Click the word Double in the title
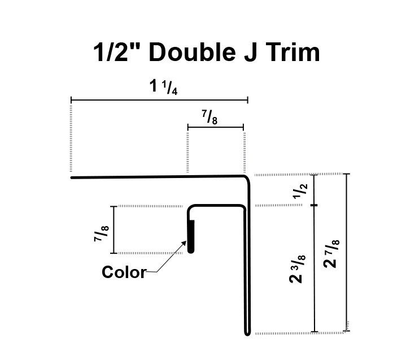tap(192, 53)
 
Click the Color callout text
tap(123, 272)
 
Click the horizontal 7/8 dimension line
tap(215, 128)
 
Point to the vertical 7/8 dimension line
tap(114, 230)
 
